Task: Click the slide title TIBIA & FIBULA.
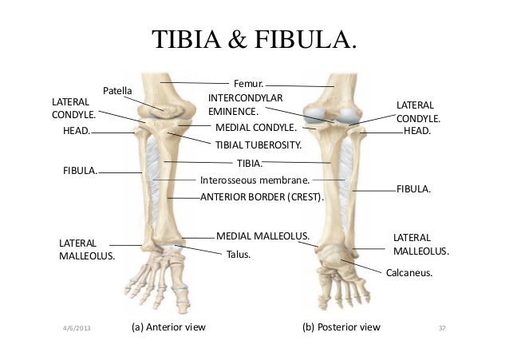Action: coord(254,39)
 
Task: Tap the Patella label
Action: coord(118,89)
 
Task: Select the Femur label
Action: coord(247,82)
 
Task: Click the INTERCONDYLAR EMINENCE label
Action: coord(235,105)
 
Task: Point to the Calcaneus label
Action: coord(408,272)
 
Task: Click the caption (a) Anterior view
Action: coord(168,327)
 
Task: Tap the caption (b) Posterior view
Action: coord(341,327)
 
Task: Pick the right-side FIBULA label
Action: coord(414,190)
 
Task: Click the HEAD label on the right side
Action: coord(416,129)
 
